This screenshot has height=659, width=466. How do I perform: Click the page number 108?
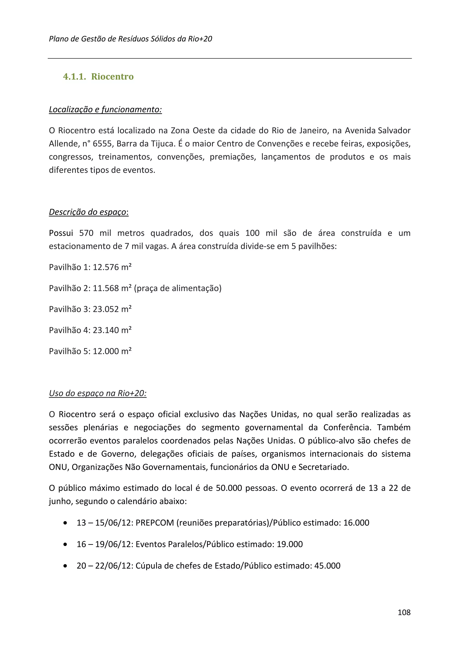point(404,612)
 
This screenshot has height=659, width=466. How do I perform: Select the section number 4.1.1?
point(74,77)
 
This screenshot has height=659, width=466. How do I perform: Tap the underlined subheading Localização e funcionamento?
point(105,109)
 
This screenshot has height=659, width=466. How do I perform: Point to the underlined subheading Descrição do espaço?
point(89,212)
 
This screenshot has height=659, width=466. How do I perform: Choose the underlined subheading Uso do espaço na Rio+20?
point(98,393)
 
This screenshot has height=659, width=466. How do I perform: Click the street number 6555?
point(102,143)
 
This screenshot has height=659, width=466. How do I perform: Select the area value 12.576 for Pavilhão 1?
point(106,267)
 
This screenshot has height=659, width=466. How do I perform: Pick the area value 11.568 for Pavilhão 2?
point(106,288)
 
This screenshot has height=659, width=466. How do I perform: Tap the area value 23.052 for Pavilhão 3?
point(106,309)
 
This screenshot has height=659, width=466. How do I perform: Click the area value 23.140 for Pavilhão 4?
point(106,330)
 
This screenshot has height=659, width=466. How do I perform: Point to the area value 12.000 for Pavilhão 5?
point(106,351)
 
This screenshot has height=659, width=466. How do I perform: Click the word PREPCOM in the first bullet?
point(155,523)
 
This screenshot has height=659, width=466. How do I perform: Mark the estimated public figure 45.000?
point(327,566)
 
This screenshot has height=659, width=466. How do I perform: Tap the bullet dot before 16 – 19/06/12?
point(66,544)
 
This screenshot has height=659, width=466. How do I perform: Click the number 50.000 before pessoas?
point(229,488)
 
